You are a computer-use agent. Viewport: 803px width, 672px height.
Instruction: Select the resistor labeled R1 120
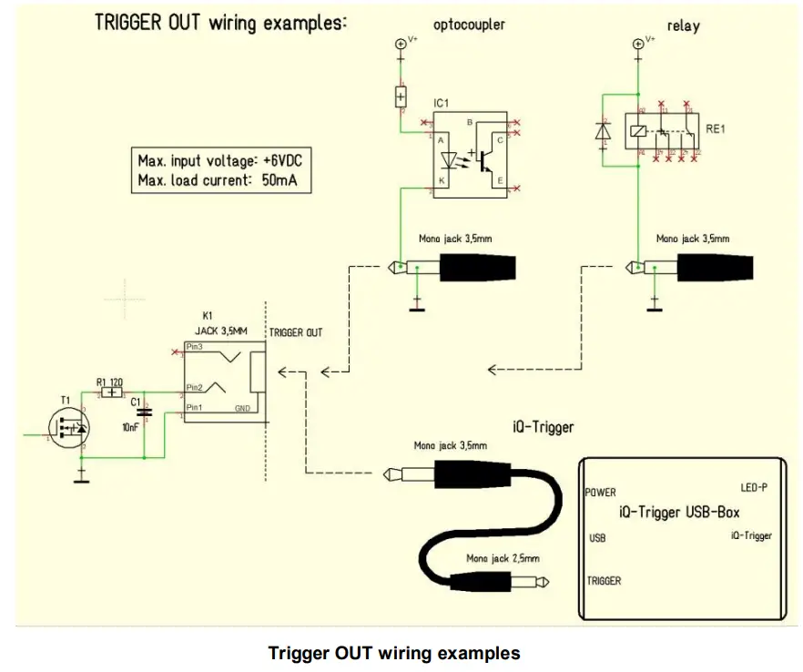coord(112,392)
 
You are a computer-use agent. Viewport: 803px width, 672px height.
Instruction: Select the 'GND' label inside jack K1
coord(243,409)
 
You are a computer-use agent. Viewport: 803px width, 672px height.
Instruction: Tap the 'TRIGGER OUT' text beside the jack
coord(295,333)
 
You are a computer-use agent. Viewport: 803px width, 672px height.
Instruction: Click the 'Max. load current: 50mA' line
coord(219,180)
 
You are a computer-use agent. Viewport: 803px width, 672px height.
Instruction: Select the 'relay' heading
coord(683,25)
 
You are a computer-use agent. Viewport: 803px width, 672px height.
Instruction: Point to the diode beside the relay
coord(602,131)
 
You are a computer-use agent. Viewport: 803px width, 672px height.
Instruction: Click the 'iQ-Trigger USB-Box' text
coord(679,513)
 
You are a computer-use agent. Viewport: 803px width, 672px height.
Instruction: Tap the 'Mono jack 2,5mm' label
coord(503,558)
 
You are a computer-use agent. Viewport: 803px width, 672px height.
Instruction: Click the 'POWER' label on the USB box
coord(600,493)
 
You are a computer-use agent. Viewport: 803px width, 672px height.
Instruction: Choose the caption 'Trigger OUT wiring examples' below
coord(394,653)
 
